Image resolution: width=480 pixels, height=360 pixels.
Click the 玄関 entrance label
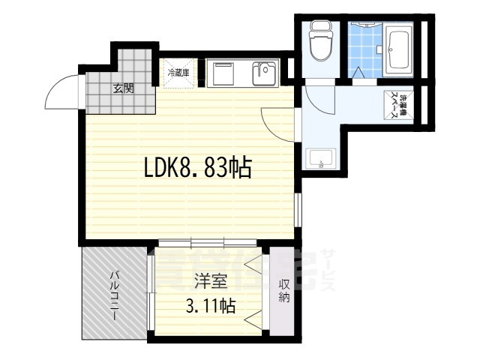pyautogui.click(x=124, y=88)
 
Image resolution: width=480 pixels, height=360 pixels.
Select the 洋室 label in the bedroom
pyautogui.click(x=208, y=283)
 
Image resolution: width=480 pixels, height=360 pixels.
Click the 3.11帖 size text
pyautogui.click(x=210, y=306)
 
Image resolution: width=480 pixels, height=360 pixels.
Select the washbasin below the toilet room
pyautogui.click(x=321, y=160)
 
